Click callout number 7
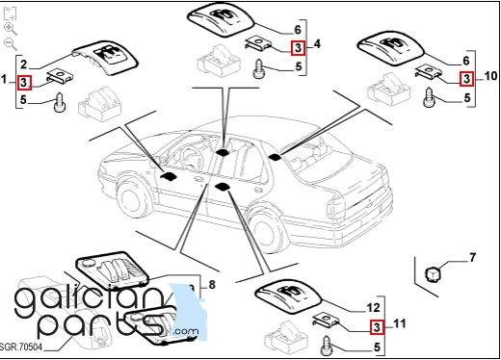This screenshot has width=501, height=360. [472, 258]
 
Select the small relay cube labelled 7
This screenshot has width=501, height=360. [433, 273]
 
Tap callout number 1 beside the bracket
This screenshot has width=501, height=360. [4, 79]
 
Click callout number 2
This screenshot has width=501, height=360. [23, 64]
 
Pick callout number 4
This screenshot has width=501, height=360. [317, 44]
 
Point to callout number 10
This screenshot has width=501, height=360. [490, 76]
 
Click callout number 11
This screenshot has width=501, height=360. [399, 323]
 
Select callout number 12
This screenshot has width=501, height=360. [373, 308]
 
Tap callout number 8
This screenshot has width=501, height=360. [212, 284]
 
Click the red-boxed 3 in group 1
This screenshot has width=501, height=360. [24, 83]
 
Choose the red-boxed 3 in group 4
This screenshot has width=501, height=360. [299, 48]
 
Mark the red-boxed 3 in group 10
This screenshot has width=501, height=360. [466, 79]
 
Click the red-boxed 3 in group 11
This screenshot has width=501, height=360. [377, 327]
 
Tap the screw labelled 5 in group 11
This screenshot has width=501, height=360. [327, 346]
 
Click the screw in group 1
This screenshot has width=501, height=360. [60, 102]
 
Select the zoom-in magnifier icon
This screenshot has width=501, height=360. [11, 29]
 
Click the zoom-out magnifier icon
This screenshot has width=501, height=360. [11, 44]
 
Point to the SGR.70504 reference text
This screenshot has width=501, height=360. [21, 347]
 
